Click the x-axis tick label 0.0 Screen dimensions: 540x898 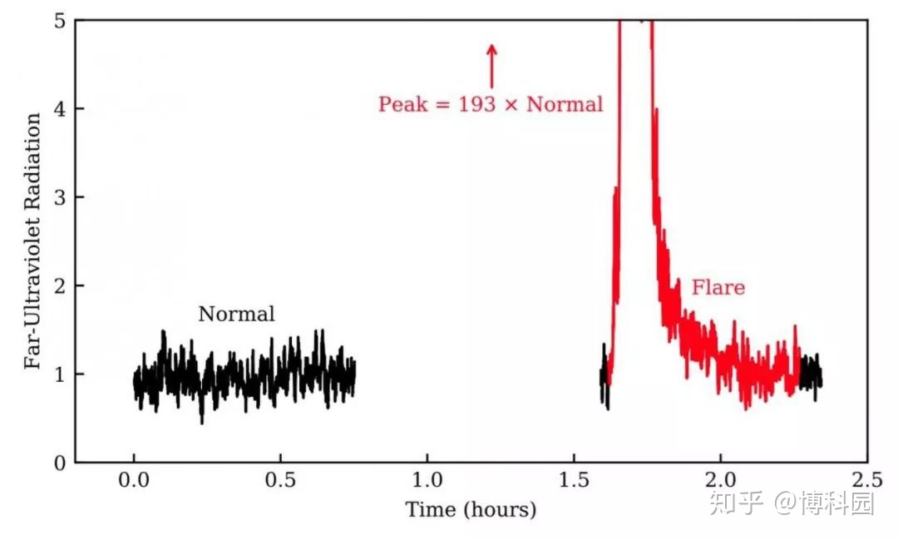pyautogui.click(x=133, y=480)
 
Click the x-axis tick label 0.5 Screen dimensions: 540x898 pyautogui.click(x=280, y=480)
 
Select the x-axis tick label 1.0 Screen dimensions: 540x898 pyautogui.click(x=427, y=480)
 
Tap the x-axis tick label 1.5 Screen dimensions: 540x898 pyautogui.click(x=574, y=480)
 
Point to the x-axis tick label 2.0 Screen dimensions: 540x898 pyautogui.click(x=720, y=480)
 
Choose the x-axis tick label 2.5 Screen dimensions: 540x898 pyautogui.click(x=866, y=480)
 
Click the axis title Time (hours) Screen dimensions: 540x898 pyautogui.click(x=471, y=509)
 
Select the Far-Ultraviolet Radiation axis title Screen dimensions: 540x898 pyautogui.click(x=32, y=241)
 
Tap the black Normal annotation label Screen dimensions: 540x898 pyautogui.click(x=236, y=314)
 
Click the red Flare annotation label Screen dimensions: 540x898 pyautogui.click(x=718, y=288)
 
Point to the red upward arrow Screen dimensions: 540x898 pyautogui.click(x=491, y=65)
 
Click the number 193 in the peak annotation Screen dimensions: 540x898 pyautogui.click(x=475, y=105)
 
